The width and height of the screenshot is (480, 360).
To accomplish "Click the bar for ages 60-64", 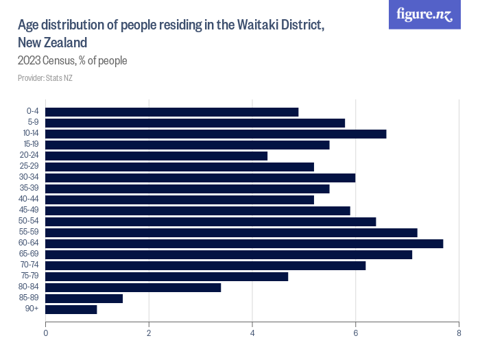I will (244, 243).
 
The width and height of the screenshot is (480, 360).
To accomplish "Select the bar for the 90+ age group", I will (71, 309).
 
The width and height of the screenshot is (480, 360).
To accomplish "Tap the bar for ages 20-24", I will (156, 156).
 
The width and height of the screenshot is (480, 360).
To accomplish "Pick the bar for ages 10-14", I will (216, 134).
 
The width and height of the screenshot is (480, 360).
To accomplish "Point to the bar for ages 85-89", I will (84, 298).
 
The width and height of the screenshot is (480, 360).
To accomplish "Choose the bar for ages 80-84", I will (133, 287).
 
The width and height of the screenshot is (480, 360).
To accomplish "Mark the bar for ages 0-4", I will (172, 112).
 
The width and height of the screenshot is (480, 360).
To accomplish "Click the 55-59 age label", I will (28, 232).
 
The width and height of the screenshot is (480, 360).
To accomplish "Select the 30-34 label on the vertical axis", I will (28, 178).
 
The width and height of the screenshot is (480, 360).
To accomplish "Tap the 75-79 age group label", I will (28, 276).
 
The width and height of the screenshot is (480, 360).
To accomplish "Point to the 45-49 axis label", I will (28, 211).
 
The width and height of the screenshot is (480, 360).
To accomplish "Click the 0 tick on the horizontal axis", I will (45, 333).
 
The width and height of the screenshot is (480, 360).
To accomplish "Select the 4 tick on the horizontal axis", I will (252, 333).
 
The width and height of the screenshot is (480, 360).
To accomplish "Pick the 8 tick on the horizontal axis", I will (459, 333).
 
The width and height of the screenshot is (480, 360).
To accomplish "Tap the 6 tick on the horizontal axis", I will (355, 333).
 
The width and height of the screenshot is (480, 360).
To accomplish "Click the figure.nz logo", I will (425, 14).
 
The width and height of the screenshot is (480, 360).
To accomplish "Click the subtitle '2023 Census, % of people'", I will (73, 61).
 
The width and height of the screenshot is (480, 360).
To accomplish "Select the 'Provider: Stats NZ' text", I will (45, 77).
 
